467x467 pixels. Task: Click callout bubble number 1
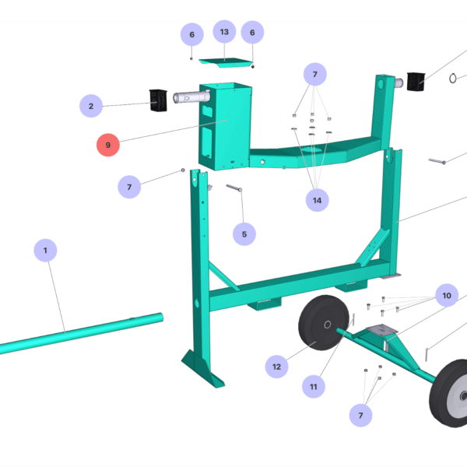pos(45,251)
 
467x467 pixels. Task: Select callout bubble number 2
pos(91,106)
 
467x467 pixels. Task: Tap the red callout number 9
pos(108,144)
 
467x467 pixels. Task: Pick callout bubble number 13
pos(224,32)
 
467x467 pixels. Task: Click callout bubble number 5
pos(244,233)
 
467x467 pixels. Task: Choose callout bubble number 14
pos(317,200)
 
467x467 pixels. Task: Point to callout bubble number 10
pos(447,296)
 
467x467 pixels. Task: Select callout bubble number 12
pos(276,366)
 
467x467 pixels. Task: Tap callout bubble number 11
pos(314,386)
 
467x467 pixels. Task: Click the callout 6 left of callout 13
pos(191,34)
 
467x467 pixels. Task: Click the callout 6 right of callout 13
pos(252,33)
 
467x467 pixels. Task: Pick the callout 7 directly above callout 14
pos(315,75)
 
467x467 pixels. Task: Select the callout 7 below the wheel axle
pos(360,416)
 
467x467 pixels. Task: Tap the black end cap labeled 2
pos(159,100)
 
